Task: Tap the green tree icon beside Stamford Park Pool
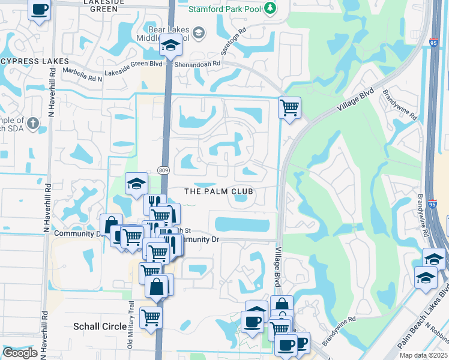click(x=271, y=8)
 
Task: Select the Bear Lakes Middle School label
click(x=174, y=32)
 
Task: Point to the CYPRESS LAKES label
click(x=34, y=61)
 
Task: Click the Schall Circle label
click(x=100, y=326)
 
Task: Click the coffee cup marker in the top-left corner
click(x=40, y=10)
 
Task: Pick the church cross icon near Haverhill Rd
click(x=32, y=124)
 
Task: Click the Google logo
click(x=20, y=353)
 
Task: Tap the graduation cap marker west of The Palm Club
click(x=136, y=184)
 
